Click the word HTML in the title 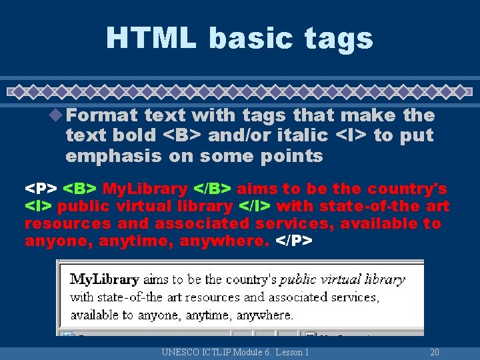[x=151, y=37]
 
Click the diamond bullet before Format [x=58, y=115]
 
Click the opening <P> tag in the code [x=41, y=189]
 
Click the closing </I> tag [x=254, y=207]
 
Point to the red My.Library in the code [x=146, y=189]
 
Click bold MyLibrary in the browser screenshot [x=104, y=279]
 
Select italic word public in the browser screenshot [x=298, y=279]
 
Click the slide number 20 [x=434, y=352]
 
